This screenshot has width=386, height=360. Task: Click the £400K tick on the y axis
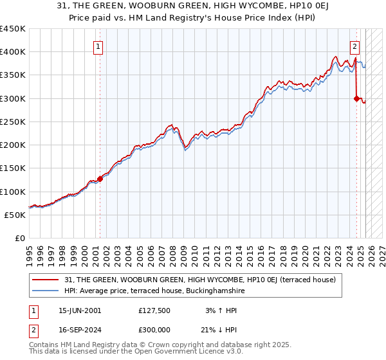12,52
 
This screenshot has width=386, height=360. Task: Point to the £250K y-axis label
12,122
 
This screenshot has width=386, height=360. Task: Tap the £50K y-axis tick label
15,215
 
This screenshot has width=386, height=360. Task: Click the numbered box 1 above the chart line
98,46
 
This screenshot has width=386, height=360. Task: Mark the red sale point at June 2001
100,179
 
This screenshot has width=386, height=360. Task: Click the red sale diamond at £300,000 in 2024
356,98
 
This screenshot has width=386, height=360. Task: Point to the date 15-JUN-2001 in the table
79,310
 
